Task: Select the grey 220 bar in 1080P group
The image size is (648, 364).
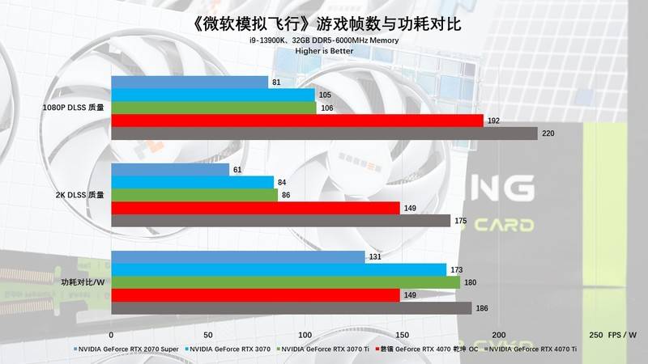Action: (324, 133)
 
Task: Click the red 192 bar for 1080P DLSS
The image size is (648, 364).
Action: (297, 121)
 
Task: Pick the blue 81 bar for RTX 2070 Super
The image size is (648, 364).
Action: (190, 83)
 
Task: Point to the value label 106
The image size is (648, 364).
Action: (326, 108)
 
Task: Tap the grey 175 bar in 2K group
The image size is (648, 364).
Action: (280, 221)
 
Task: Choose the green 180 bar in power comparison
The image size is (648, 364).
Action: (285, 282)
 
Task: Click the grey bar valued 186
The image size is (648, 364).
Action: (292, 308)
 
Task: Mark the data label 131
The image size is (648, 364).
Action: (374, 257)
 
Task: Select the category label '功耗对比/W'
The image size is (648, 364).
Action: (83, 282)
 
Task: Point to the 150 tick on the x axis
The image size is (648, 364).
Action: (403, 334)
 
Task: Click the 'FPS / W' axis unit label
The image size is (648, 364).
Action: (621, 334)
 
